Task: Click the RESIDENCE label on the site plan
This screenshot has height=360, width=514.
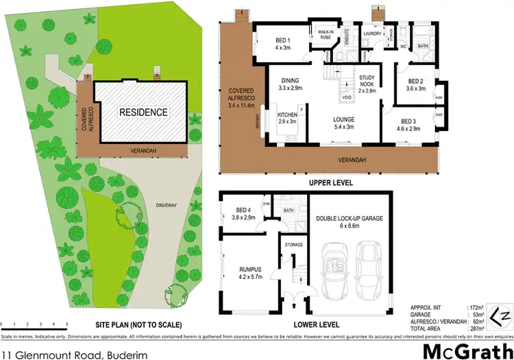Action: tap(143, 112)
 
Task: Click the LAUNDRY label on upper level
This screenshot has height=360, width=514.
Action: tap(372, 32)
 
